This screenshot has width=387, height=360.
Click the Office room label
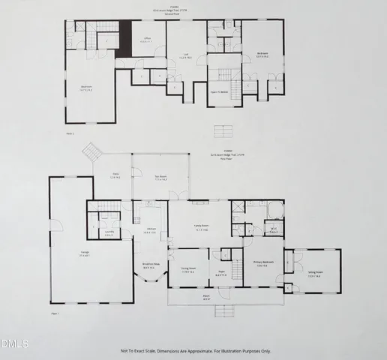click(x=147, y=40)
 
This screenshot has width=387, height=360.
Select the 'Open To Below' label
click(x=224, y=91)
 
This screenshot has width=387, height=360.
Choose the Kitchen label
click(x=151, y=230)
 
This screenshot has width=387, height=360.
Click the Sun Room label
click(x=160, y=178)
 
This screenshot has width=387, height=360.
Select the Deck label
click(x=115, y=177)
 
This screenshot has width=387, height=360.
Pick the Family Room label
click(x=202, y=230)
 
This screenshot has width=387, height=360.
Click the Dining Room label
click(x=187, y=270)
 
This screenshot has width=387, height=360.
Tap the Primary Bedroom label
click(x=262, y=264)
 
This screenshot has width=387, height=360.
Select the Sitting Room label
click(x=314, y=275)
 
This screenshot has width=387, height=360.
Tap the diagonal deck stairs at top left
click(x=91, y=151)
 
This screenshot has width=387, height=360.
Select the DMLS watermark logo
click(x=14, y=343)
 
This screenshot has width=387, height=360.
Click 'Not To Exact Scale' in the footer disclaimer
click(x=141, y=350)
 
